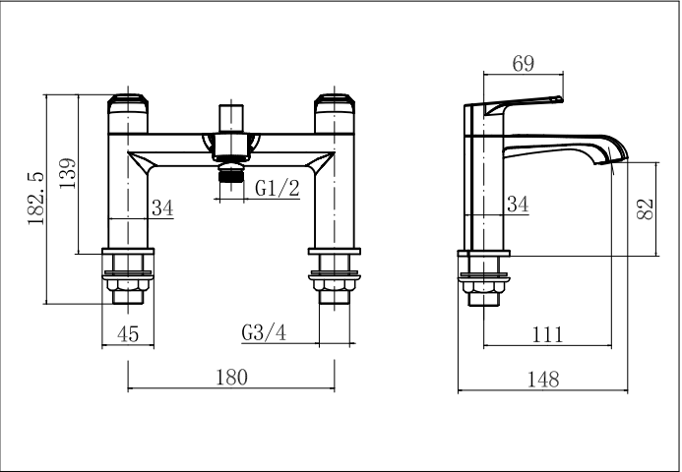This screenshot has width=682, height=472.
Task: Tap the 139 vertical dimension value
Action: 68,173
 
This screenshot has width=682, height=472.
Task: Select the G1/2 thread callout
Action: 278,188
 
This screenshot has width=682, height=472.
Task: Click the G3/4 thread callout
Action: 264,333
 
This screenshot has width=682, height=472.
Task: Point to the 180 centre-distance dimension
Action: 232,377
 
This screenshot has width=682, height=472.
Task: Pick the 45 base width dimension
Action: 128,333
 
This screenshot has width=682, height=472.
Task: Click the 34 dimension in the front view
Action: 162,207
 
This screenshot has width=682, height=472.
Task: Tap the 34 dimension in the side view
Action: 518,204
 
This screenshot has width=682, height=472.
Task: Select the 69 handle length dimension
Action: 523,64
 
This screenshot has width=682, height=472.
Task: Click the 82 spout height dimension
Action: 645,209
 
